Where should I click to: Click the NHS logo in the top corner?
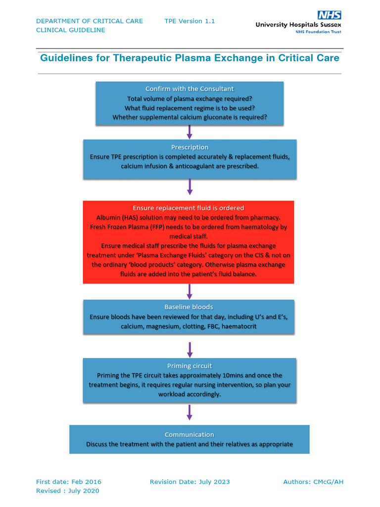(329, 15)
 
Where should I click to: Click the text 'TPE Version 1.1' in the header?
(190, 21)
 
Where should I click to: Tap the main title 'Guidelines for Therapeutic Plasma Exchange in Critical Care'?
(190, 58)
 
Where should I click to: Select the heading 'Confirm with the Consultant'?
(190, 89)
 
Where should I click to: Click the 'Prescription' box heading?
(190, 147)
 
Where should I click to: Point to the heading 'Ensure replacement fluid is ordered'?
(189, 208)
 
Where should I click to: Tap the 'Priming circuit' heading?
(190, 366)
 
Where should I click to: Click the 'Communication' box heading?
(190, 434)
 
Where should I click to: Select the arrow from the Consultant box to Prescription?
(190, 132)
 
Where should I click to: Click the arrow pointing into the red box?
(190, 187)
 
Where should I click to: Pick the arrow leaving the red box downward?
(190, 292)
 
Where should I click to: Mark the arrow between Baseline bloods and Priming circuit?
(190, 349)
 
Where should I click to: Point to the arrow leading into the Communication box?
(190, 412)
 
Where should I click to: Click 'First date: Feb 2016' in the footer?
(69, 482)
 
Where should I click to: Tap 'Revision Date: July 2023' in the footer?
(190, 482)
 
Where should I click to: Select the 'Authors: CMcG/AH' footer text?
(313, 482)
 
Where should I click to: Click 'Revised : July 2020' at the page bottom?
(68, 491)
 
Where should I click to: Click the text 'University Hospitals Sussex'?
(298, 24)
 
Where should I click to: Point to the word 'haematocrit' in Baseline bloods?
(239, 327)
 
